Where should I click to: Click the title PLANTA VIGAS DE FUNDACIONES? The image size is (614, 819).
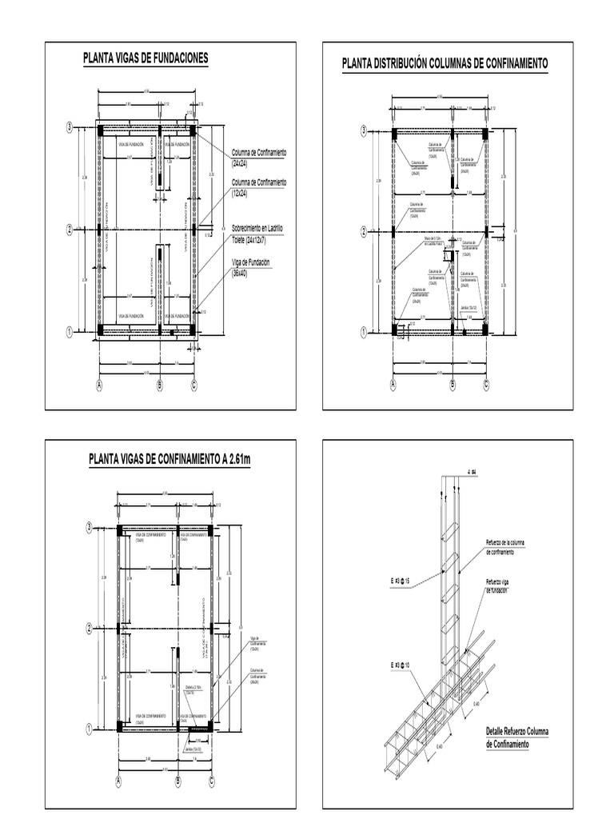pyautogui.click(x=146, y=58)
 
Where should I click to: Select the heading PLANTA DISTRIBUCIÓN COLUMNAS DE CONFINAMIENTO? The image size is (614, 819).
pyautogui.click(x=445, y=64)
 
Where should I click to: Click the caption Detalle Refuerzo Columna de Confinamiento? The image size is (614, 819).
pyautogui.click(x=516, y=737)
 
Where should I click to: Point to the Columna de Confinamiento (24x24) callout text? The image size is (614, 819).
pyautogui.click(x=258, y=157)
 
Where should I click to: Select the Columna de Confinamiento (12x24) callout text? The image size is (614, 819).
pyautogui.click(x=258, y=188)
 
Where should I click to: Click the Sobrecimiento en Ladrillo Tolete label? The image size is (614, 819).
pyautogui.click(x=257, y=233)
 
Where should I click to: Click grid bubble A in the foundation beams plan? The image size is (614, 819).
pyautogui.click(x=99, y=386)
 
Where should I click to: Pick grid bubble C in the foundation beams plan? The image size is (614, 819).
pyautogui.click(x=194, y=386)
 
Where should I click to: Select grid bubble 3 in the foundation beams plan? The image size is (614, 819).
pyautogui.click(x=70, y=126)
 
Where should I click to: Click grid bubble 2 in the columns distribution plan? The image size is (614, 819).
pyautogui.click(x=364, y=232)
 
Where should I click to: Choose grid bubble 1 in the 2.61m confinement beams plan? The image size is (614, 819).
pyautogui.click(x=89, y=728)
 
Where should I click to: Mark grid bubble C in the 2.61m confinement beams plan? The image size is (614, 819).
pyautogui.click(x=212, y=782)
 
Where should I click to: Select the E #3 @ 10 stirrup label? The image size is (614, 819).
pyautogui.click(x=397, y=665)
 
